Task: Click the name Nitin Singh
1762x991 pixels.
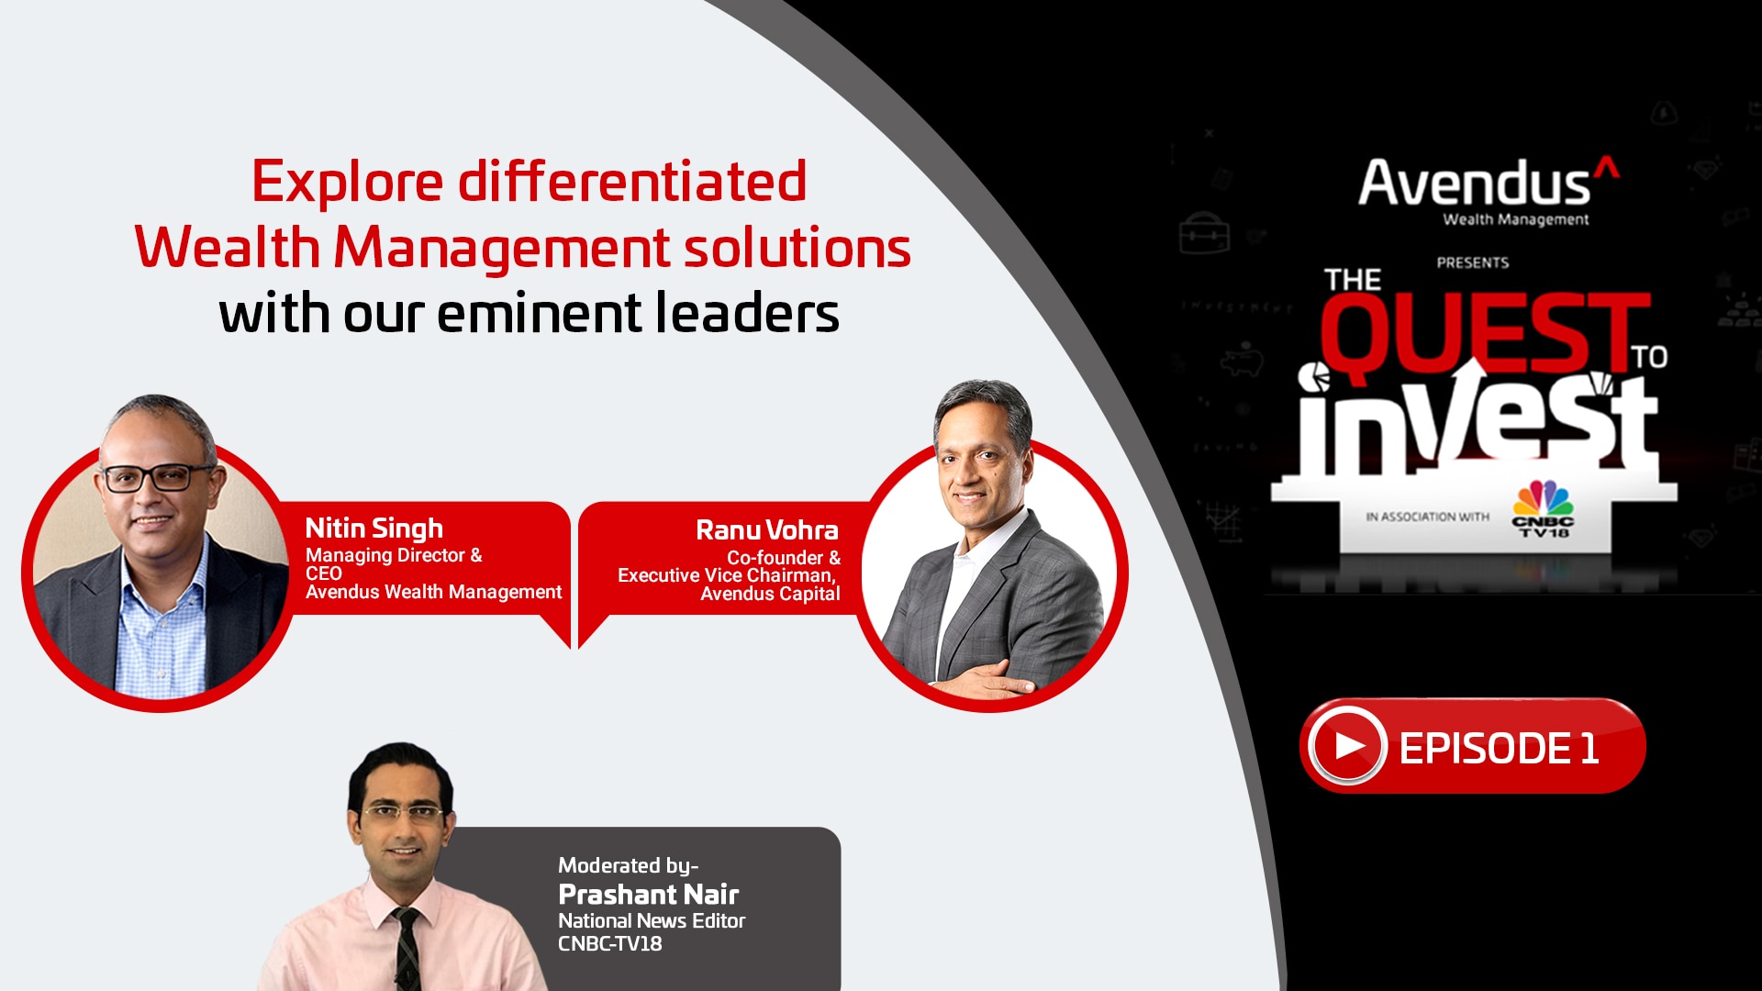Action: coord(374,529)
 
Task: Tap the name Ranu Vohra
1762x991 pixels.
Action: coord(767,530)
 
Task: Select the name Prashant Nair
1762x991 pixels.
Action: coord(649,894)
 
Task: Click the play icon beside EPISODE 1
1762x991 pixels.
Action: coord(1347,746)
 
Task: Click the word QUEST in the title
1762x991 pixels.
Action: coord(1485,332)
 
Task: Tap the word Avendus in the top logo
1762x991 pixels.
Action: coord(1474,183)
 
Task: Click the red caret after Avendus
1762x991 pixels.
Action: coord(1606,167)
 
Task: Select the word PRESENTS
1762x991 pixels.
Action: coord(1473,263)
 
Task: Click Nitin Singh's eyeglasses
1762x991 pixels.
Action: coord(157,477)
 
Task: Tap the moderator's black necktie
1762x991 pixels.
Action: coord(407,949)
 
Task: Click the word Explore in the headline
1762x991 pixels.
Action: coord(348,182)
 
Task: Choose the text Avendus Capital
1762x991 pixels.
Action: coord(770,594)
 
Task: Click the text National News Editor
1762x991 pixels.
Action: coord(652,920)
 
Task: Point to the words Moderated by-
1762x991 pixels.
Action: coord(629,866)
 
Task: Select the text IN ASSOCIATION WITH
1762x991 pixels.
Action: coord(1427,518)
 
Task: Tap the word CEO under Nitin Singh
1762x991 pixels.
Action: coord(323,573)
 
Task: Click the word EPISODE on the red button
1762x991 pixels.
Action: coord(1485,749)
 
